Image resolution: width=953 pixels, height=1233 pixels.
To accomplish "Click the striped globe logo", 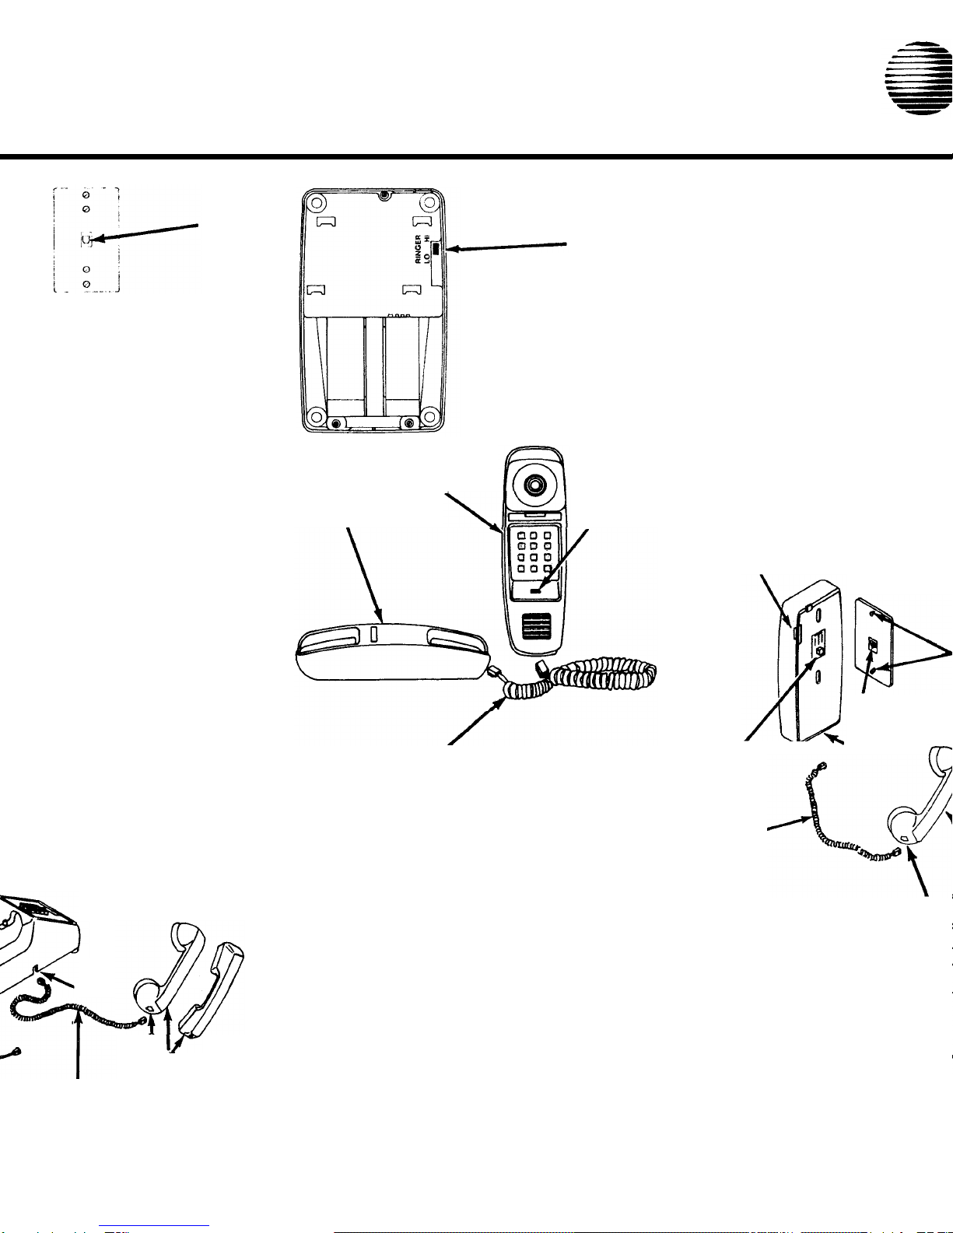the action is coord(919,78).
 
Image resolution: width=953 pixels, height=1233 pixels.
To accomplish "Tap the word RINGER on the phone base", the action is coord(418,249).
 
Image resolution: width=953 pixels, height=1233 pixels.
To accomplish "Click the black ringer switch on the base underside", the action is coord(436,248).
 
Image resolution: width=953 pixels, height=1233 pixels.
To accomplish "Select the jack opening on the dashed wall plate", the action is coord(86,240).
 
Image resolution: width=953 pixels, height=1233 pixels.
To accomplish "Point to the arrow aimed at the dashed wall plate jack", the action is coord(145,233).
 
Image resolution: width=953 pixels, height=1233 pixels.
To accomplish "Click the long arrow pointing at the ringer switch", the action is coord(506,247).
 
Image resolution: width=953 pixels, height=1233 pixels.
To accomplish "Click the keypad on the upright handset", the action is coord(534,552).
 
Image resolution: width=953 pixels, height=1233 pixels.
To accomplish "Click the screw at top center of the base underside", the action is coord(385,196).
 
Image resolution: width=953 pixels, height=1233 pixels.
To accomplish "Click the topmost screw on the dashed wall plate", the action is coord(86,195).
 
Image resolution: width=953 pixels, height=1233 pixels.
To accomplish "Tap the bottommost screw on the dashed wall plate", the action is coord(86,284).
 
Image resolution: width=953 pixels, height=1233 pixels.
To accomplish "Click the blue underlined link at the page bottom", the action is coord(154,1226).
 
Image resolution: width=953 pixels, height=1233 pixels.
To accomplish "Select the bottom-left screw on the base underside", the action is coord(336,424).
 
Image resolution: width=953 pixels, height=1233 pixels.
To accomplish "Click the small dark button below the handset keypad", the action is coord(536,591).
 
